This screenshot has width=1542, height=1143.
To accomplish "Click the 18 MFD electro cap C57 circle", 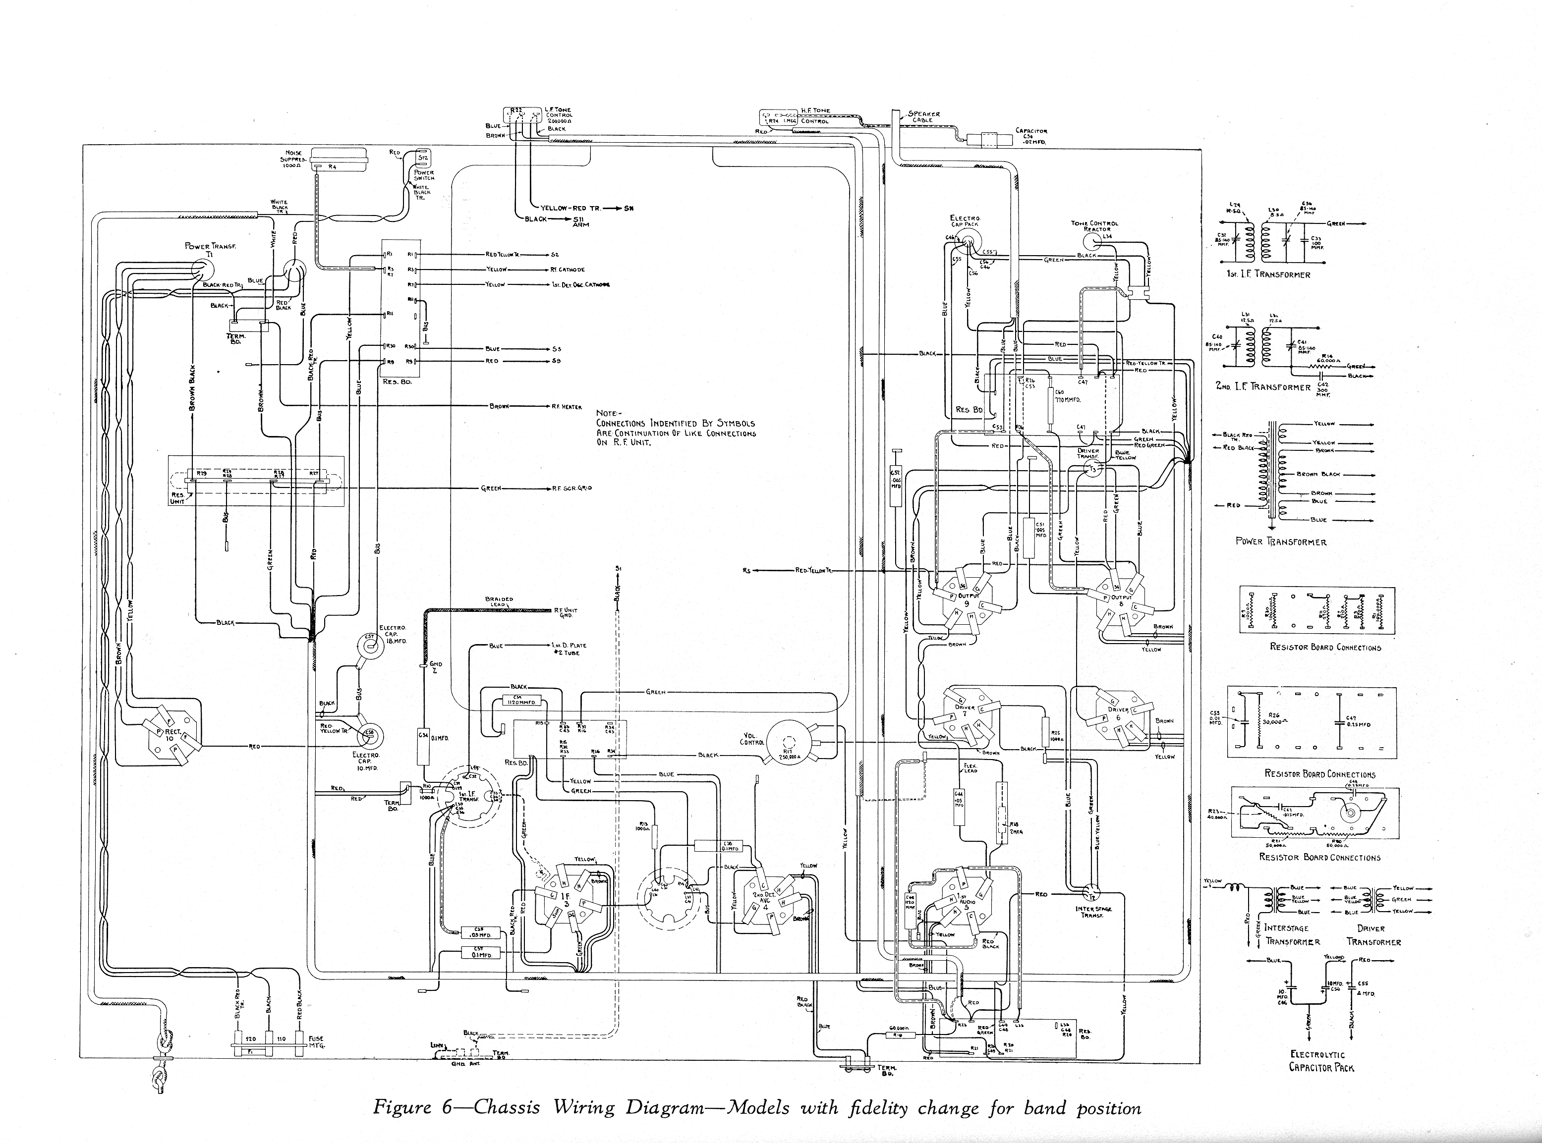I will tap(370, 646).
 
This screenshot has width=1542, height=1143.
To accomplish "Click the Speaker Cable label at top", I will tap(924, 116).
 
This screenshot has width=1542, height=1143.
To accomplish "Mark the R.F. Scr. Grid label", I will tap(571, 488).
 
